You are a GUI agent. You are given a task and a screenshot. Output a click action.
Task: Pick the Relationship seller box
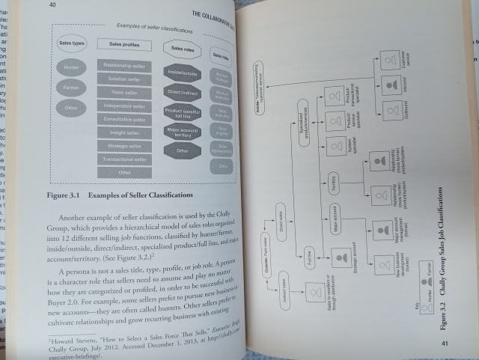125,66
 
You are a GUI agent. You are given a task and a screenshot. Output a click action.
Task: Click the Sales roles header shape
180,49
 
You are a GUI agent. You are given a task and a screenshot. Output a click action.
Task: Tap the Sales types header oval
72,43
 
